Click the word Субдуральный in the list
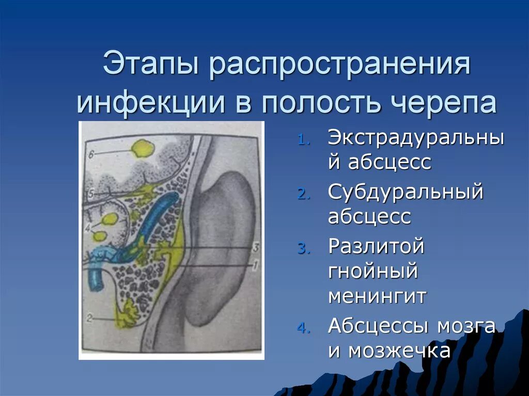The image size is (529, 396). coord(406,192)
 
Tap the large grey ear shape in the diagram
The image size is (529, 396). coord(222,243)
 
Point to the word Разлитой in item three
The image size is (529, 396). coord(376,246)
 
